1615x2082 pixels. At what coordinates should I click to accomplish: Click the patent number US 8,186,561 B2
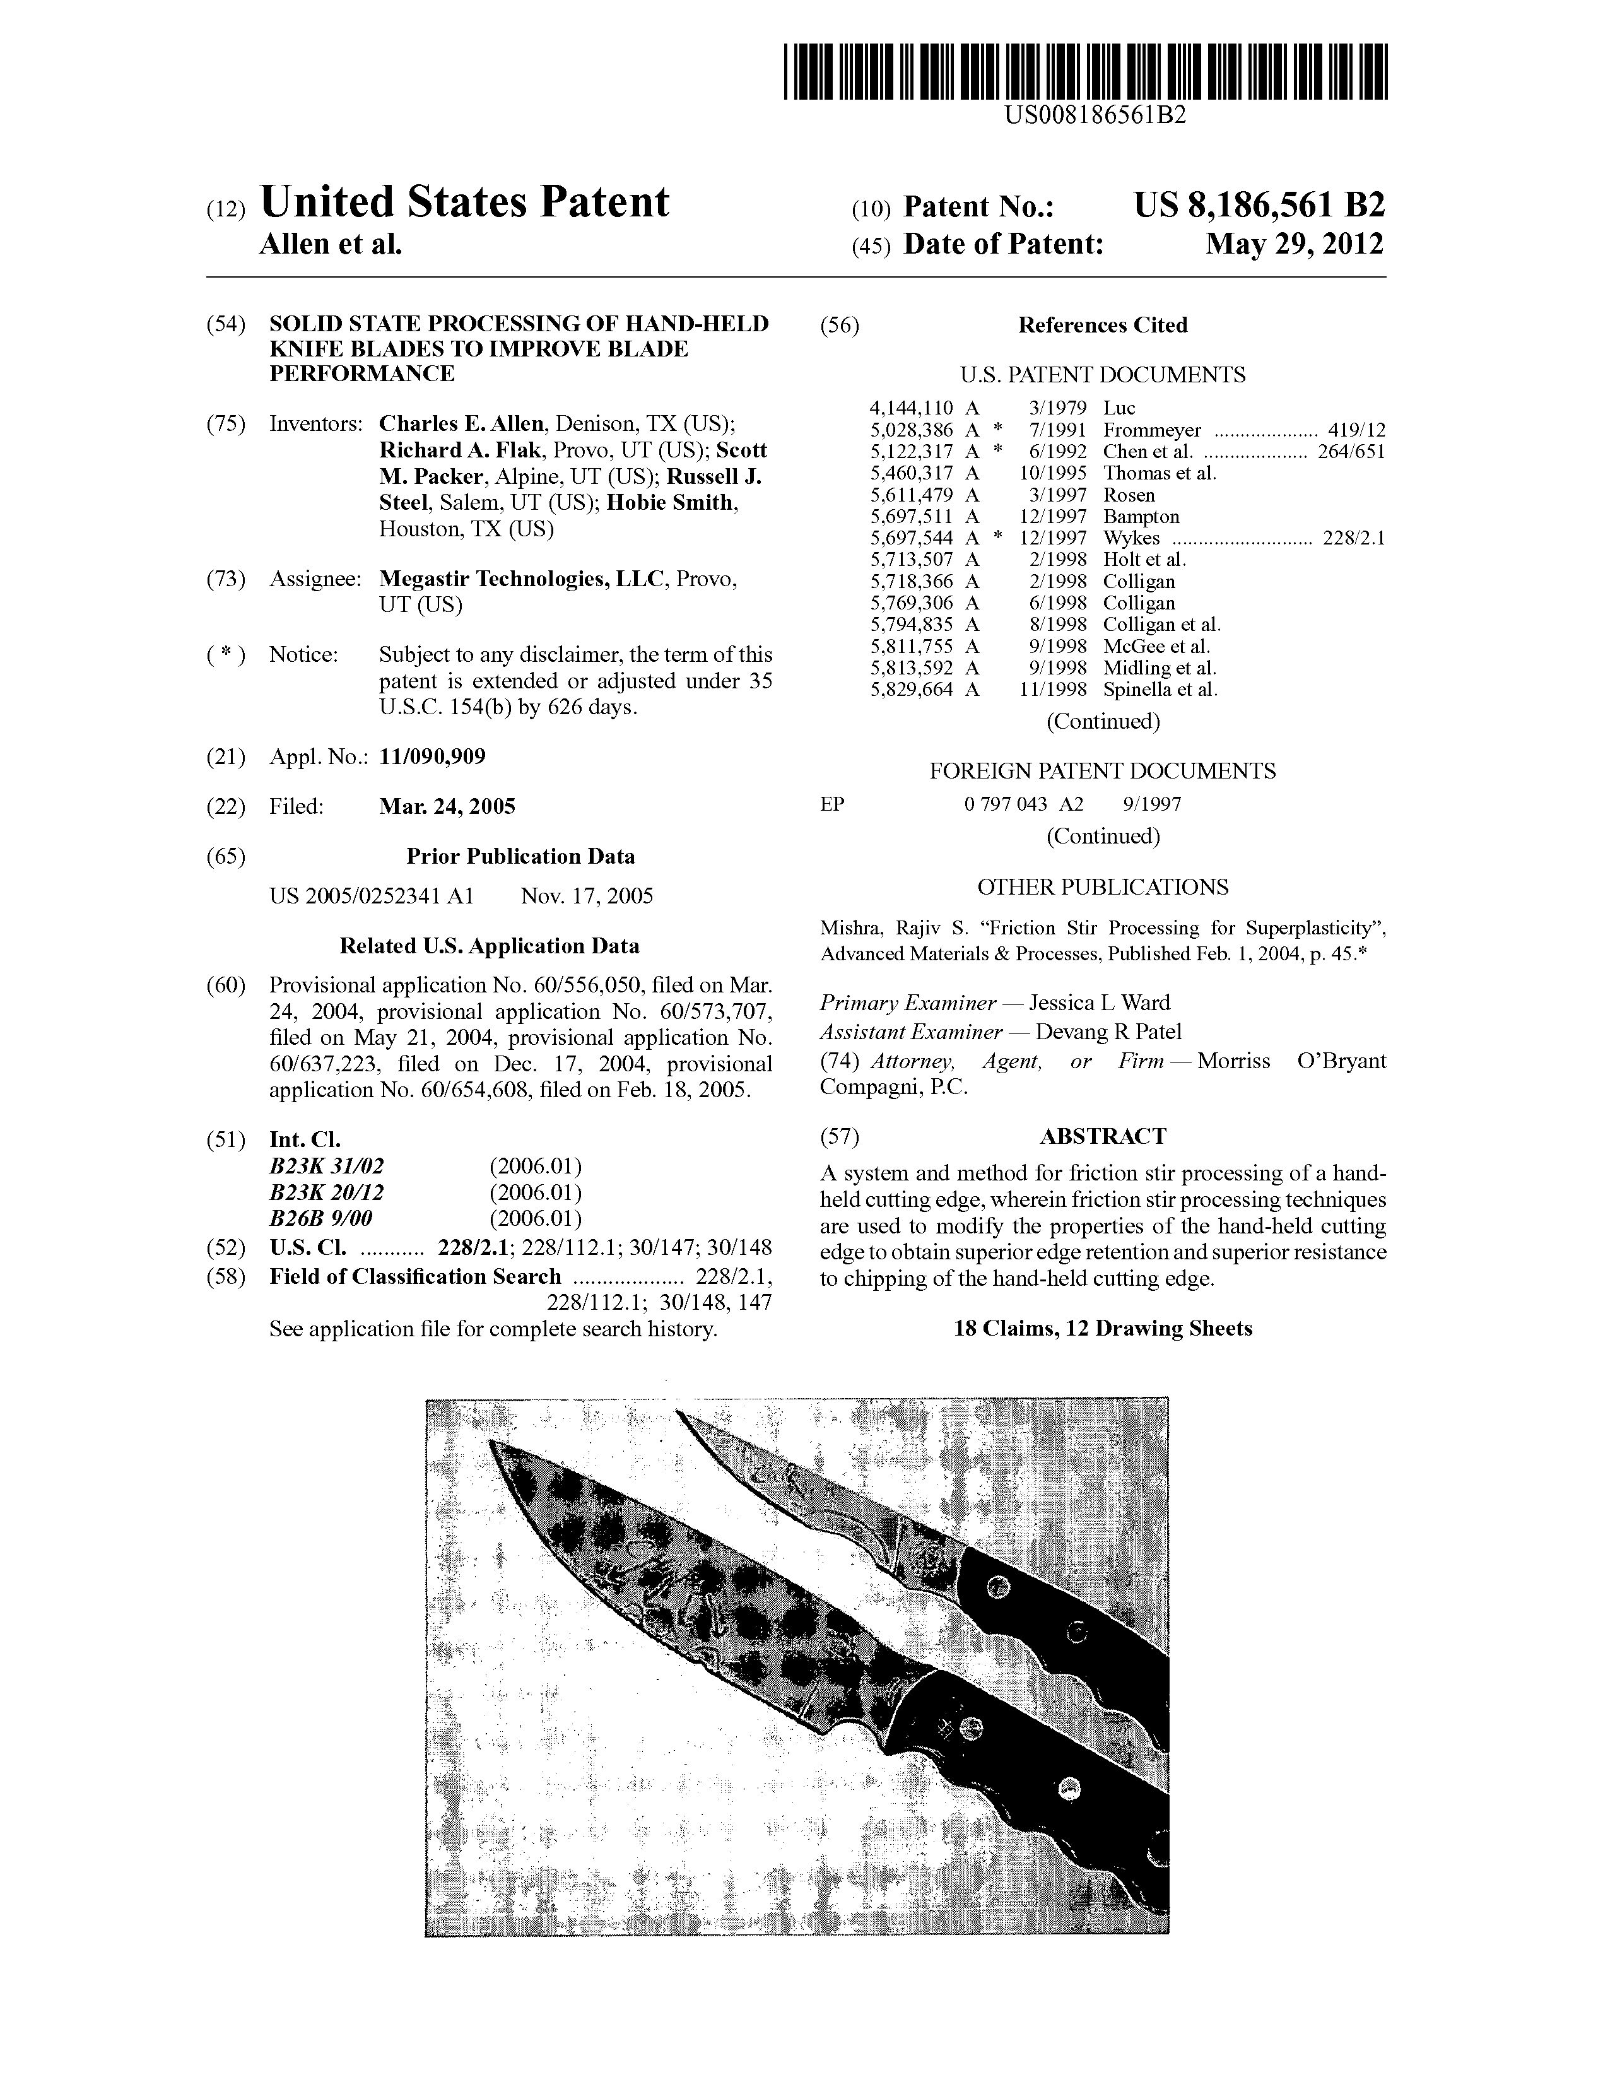[x=1259, y=205]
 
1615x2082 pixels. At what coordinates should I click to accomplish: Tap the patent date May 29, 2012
[x=1294, y=244]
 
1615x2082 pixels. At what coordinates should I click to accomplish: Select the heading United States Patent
[x=464, y=202]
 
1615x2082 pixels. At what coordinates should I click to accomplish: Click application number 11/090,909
[x=432, y=757]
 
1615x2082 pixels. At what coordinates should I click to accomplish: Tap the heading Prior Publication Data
[x=520, y=856]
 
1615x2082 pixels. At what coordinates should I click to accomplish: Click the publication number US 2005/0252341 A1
[x=371, y=896]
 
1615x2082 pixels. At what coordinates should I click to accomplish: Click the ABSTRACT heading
[x=1102, y=1136]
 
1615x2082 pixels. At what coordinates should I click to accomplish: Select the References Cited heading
[x=1102, y=325]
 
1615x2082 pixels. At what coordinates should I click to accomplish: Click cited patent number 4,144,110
[x=912, y=408]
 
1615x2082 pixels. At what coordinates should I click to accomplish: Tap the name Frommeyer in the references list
[x=1152, y=430]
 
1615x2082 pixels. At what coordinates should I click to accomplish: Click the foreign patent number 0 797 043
[x=1006, y=804]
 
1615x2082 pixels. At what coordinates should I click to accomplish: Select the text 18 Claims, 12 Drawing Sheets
[x=1103, y=1328]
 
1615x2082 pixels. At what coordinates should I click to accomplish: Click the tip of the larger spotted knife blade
[x=493, y=1444]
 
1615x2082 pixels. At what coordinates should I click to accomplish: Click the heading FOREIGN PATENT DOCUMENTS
[x=1102, y=771]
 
